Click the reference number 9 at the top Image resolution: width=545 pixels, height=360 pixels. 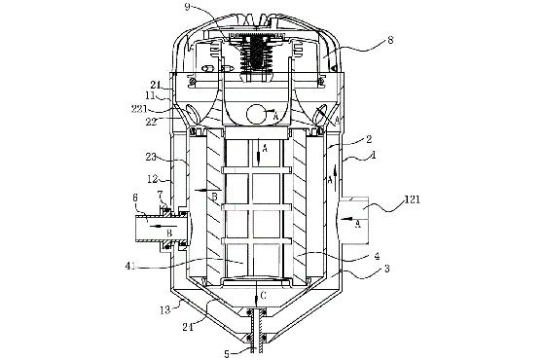point(188,7)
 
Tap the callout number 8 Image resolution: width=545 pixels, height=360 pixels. point(390,40)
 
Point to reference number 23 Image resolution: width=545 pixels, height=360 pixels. point(151,157)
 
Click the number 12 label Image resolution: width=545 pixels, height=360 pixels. point(152,179)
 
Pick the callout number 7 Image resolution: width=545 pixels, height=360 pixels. point(160,194)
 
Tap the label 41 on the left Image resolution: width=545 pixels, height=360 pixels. point(131,267)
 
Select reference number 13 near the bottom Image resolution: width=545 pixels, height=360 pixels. point(165,309)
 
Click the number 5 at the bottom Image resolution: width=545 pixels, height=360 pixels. point(227,354)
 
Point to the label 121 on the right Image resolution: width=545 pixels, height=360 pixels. point(413,199)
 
